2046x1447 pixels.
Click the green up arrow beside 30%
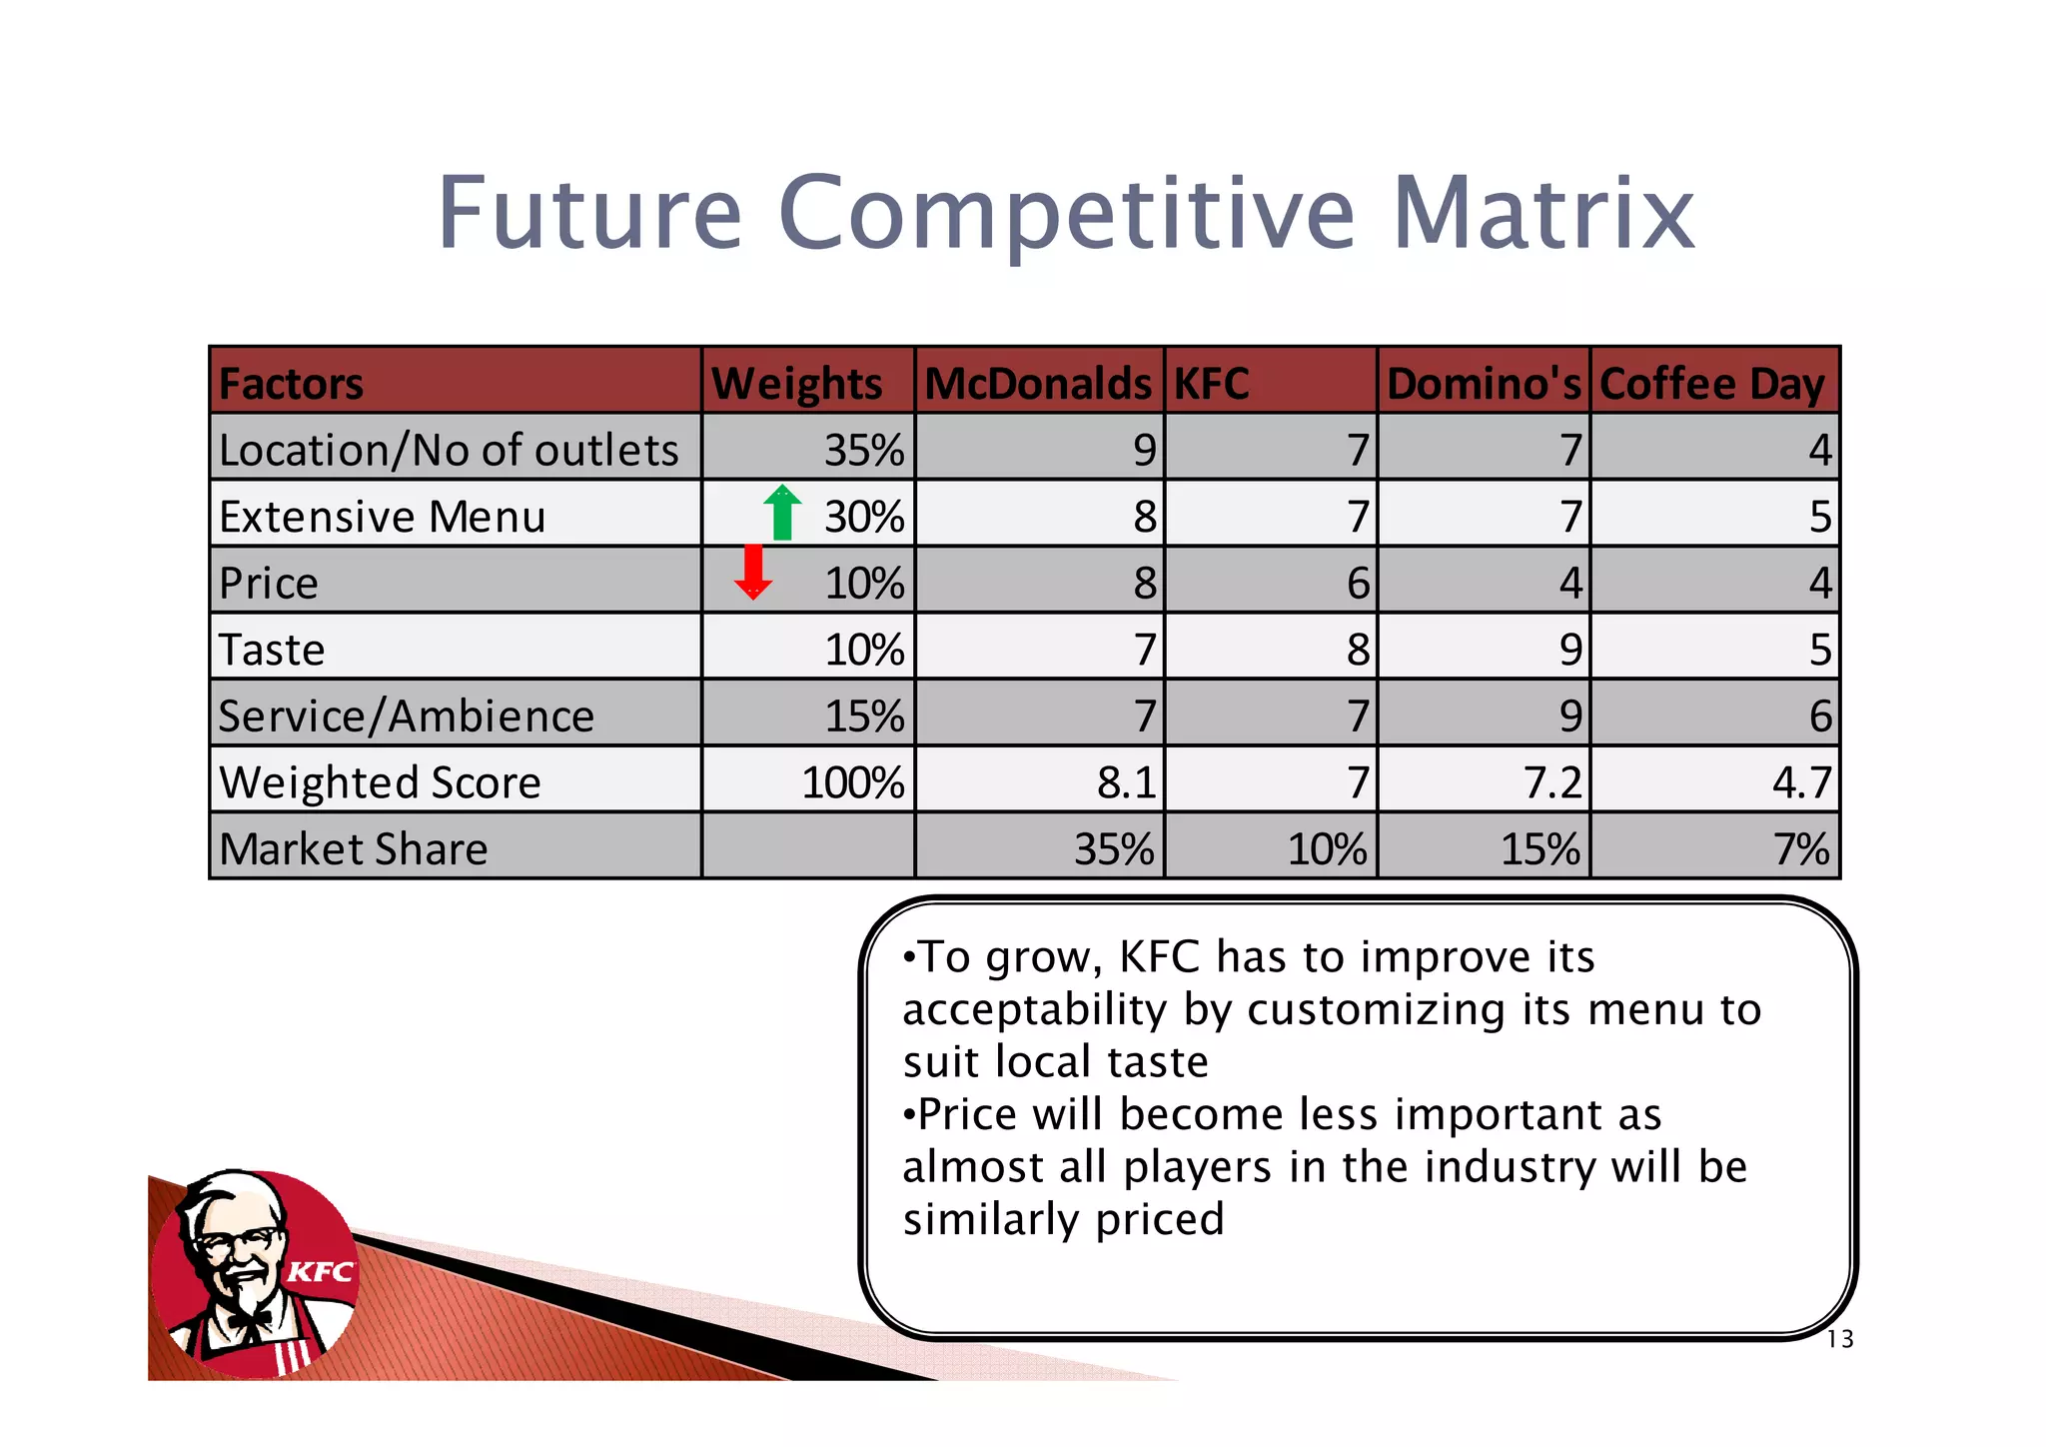coord(782,513)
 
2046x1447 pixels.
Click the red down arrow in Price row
coord(753,572)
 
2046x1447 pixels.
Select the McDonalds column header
coord(1038,384)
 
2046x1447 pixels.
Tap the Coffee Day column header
coord(1712,384)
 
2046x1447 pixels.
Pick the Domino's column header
coord(1484,384)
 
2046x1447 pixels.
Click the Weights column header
coord(797,384)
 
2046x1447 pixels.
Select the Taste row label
coord(272,650)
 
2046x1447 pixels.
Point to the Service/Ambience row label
coord(406,717)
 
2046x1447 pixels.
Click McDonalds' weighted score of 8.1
coord(1126,782)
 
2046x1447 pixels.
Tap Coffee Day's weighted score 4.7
coord(1801,782)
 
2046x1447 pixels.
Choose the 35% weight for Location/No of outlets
coord(864,451)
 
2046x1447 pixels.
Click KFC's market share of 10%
coord(1327,849)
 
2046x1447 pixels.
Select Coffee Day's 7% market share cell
coord(1801,849)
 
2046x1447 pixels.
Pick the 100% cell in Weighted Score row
coord(853,782)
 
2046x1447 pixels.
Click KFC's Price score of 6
coord(1358,584)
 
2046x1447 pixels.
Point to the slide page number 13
coord(1840,1340)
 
